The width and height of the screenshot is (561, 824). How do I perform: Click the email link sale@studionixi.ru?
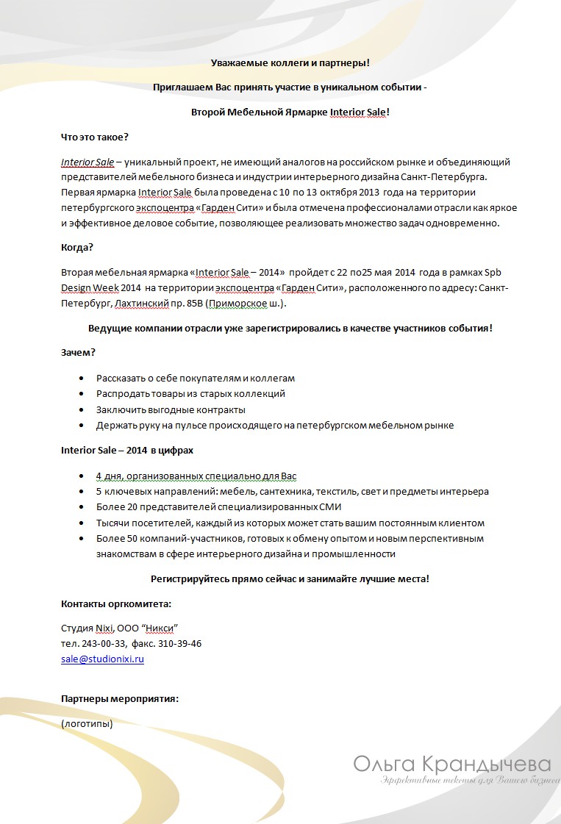pos(102,659)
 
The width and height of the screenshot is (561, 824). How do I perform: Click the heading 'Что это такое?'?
pos(95,137)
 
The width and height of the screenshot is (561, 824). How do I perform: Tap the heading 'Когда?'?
pos(77,247)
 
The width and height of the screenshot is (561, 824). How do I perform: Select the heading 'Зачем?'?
pos(78,353)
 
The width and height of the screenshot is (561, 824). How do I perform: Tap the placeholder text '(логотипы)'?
pos(87,724)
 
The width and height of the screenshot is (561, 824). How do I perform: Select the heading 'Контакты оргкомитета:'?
pos(116,604)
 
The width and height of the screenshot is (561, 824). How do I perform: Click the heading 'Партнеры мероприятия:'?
pos(120,699)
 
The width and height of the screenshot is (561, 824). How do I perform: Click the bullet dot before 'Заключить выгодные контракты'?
pos(80,410)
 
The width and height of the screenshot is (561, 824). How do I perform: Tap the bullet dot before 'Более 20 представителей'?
pos(80,507)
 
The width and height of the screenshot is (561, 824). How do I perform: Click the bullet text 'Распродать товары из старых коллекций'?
pos(190,394)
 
